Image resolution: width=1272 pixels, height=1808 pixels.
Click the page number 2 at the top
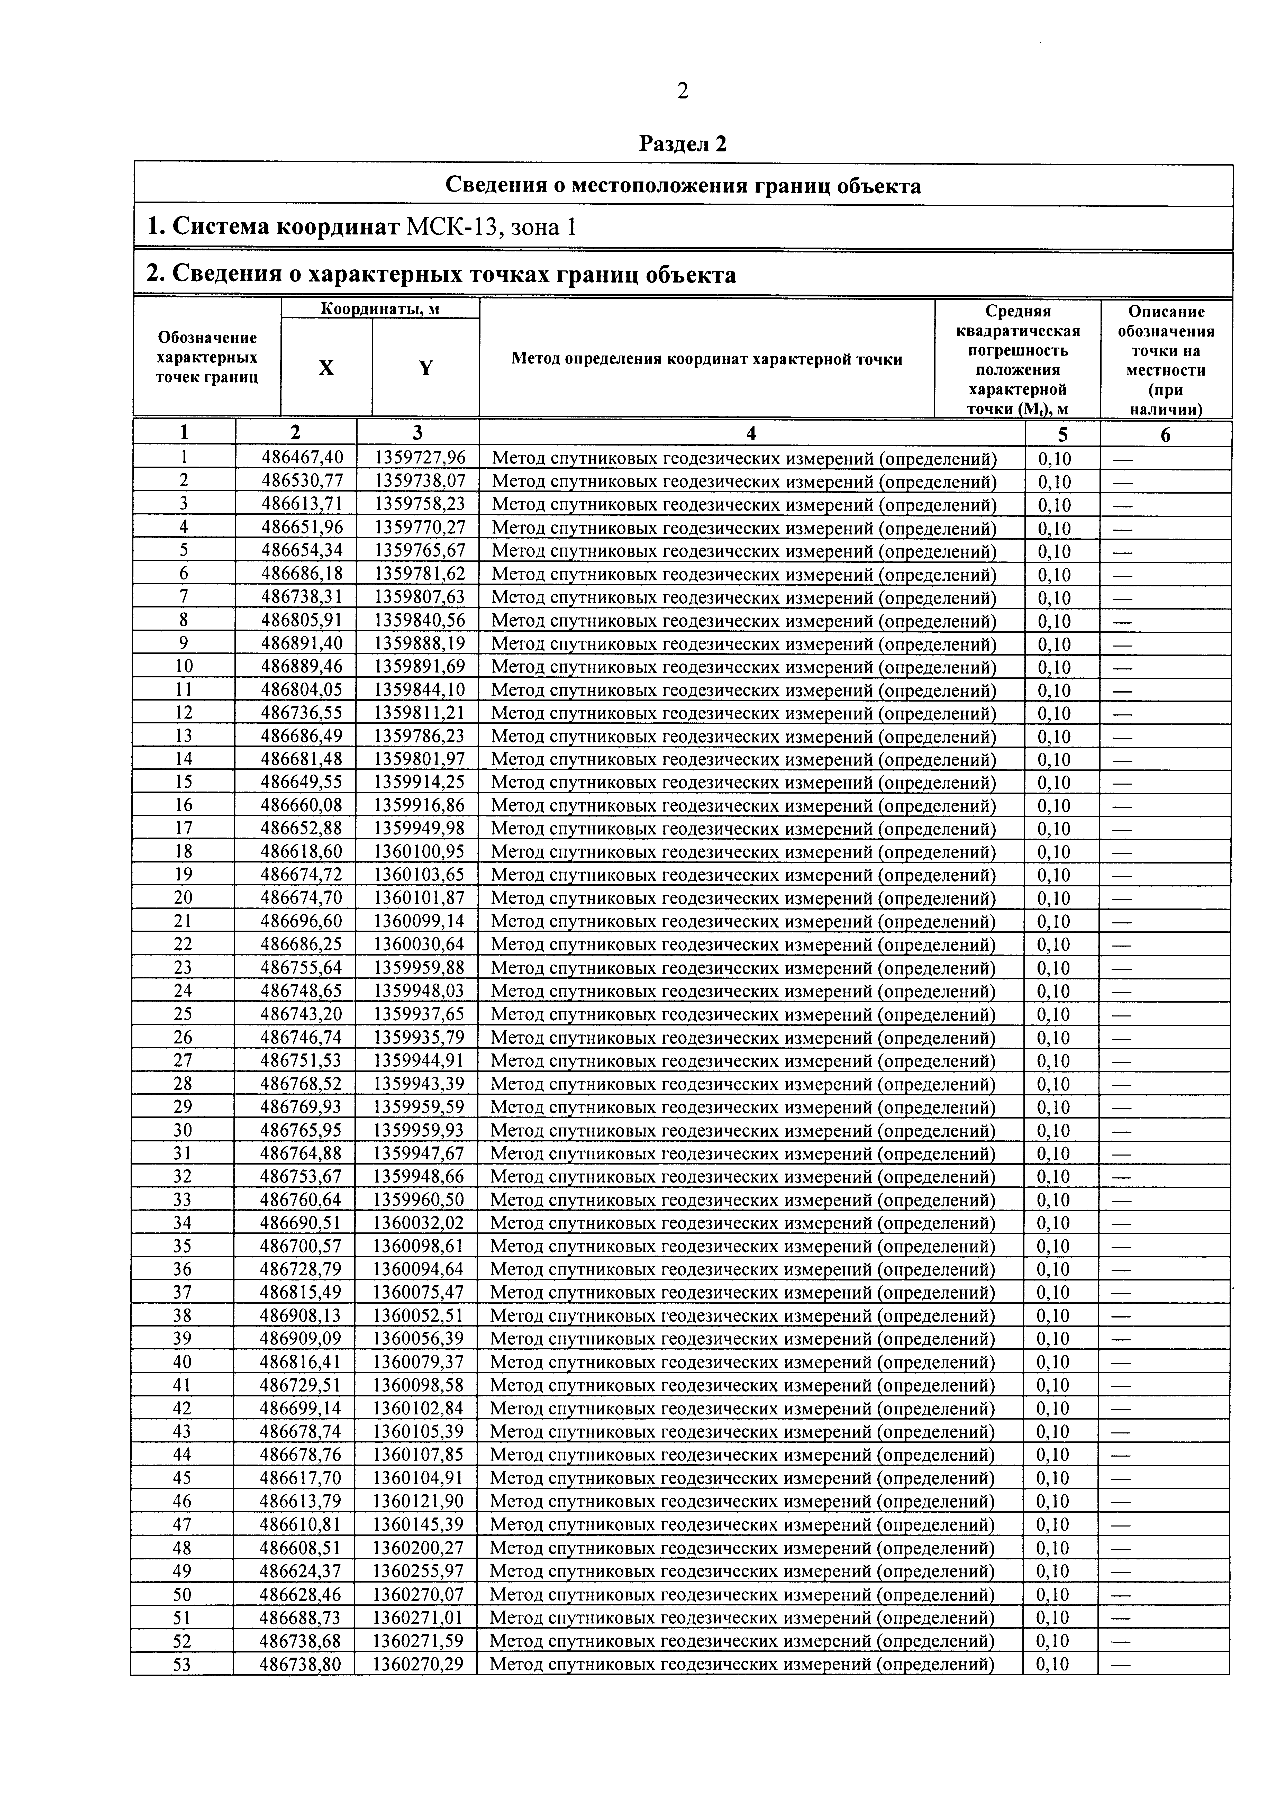pyautogui.click(x=682, y=92)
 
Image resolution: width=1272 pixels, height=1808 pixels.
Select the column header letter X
pyautogui.click(x=326, y=368)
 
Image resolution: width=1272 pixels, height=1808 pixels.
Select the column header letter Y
pyautogui.click(x=425, y=368)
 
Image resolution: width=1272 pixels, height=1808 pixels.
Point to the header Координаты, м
pyautogui.click(x=380, y=309)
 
